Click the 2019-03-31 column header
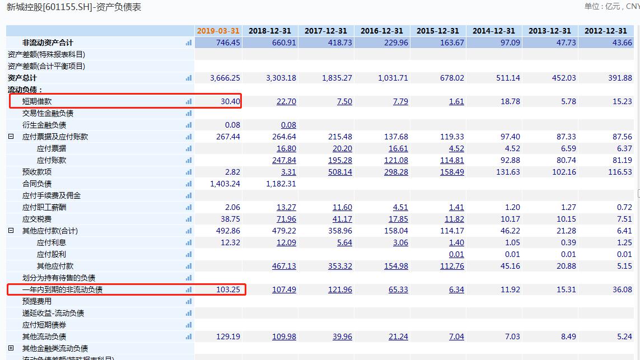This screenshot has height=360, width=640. pos(218,31)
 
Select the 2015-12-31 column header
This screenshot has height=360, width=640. pos(437,31)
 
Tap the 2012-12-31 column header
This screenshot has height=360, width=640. pos(606,31)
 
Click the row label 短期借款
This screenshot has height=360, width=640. pos(37,101)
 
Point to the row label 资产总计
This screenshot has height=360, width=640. pos(22,78)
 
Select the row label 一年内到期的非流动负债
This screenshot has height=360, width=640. pos(62,289)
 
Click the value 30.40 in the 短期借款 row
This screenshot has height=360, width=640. pos(231,101)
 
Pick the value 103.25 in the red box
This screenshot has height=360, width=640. pos(228,289)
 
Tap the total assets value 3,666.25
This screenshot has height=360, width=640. pos(225,78)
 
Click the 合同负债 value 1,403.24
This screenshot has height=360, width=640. pos(225,184)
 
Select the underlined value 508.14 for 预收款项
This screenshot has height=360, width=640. pos(340,172)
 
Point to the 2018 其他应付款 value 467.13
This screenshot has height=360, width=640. pos(284,266)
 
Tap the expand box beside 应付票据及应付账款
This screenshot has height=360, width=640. pos(11,137)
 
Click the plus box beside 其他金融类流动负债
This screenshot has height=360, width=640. pos(11,348)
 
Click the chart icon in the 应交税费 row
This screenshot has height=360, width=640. pos(189,219)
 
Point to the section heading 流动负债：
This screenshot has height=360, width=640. pos(25,90)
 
